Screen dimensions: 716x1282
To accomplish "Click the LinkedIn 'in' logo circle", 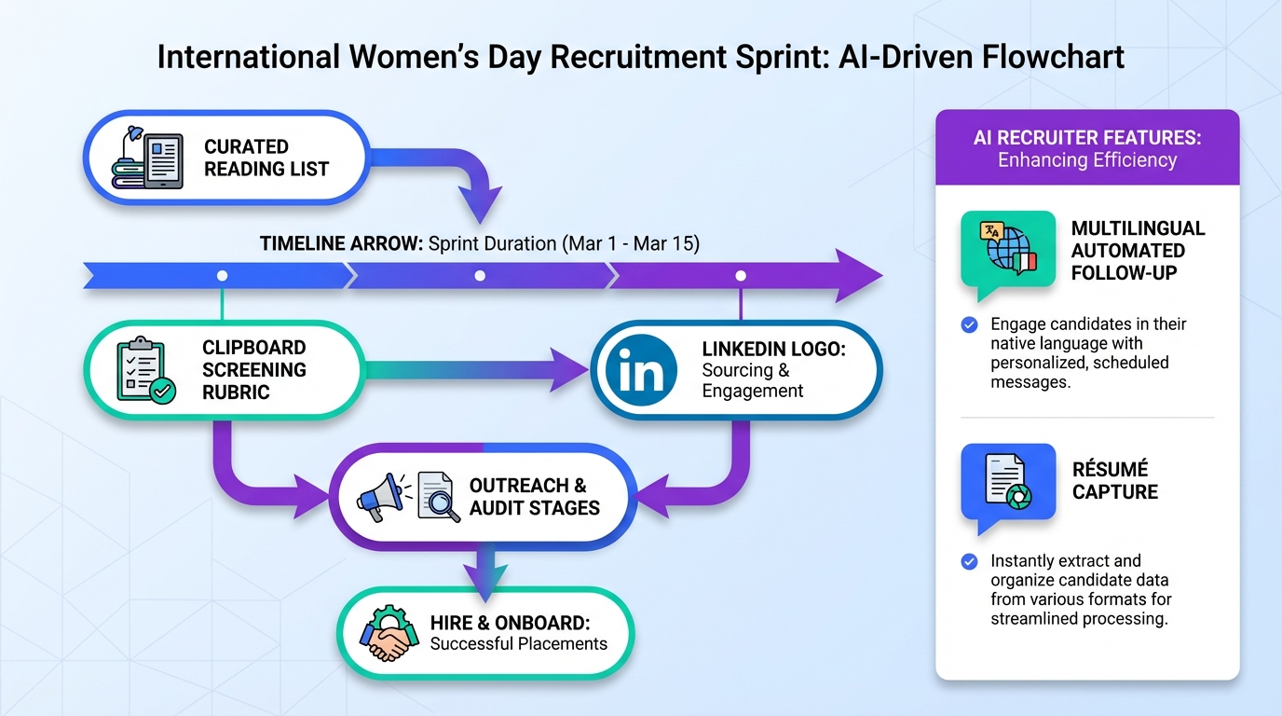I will point(642,370).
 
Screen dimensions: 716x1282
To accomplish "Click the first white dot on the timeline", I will point(222,276).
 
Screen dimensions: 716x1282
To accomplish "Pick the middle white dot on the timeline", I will point(480,276).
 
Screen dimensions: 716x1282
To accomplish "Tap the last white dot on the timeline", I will point(741,276).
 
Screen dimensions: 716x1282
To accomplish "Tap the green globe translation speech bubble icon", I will point(1007,250).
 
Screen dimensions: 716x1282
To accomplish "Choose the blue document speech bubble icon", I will point(1007,482).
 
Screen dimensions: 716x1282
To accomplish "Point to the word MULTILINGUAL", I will point(1138,228).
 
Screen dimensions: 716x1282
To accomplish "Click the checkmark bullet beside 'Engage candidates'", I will point(969,324).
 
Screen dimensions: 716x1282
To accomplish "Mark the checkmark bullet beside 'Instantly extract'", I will point(969,561).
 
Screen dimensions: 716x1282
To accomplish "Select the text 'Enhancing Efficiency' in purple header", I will point(1087,160).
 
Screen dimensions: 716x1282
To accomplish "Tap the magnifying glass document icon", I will point(439,497).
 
